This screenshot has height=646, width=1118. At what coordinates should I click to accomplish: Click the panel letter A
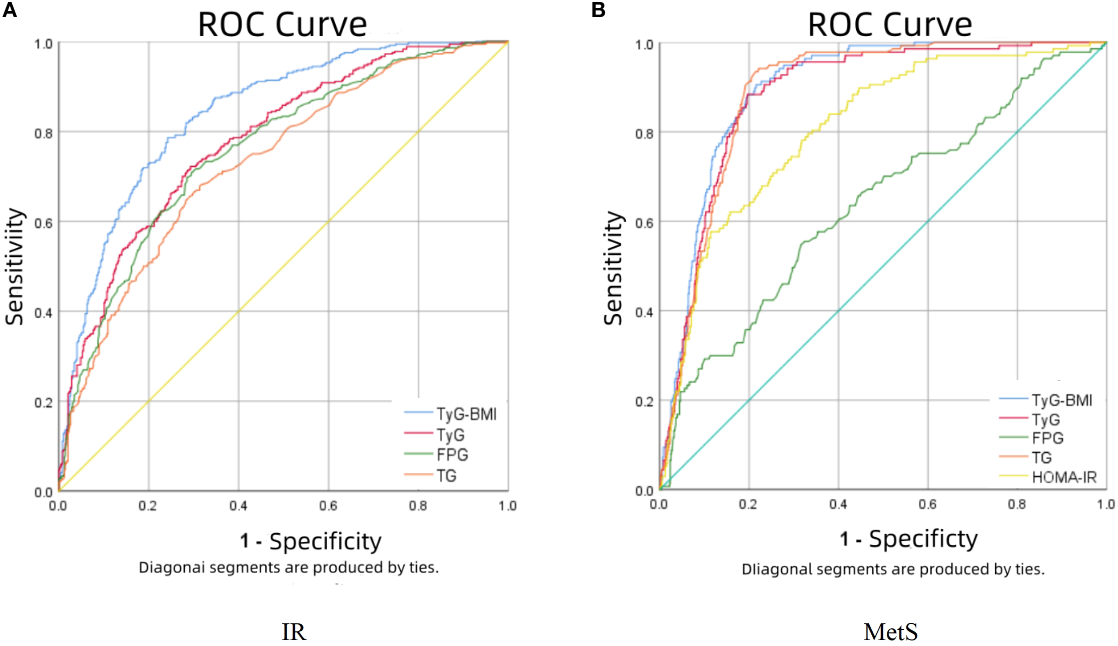pos(10,10)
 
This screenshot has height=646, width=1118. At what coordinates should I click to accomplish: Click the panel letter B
pos(598,10)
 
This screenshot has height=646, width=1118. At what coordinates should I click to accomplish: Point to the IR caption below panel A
pos(294,632)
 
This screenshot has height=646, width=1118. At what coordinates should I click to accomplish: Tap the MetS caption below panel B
pos(890,632)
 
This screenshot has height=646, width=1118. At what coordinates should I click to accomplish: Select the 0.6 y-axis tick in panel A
pos(43,223)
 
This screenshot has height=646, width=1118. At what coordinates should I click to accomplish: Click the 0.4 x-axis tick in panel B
pos(838,505)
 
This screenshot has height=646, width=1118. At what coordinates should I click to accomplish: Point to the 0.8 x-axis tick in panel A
pos(418,506)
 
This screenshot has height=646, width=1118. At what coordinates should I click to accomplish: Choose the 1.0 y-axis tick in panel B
pos(644,45)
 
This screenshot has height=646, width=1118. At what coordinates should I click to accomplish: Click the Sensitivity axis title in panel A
pos(15,267)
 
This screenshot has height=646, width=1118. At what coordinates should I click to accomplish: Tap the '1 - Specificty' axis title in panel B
pos(909,539)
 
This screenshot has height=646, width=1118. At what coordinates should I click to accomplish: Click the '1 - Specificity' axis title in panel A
pos(311,542)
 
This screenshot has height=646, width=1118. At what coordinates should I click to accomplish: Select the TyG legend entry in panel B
pos(1046,419)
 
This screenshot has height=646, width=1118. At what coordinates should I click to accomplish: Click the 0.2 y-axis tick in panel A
pos(43,403)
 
